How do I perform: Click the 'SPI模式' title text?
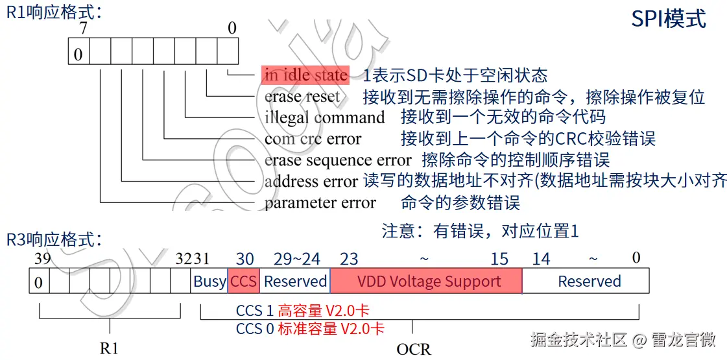click(x=669, y=19)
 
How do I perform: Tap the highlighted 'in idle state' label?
click(x=305, y=75)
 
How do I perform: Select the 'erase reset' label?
click(x=302, y=97)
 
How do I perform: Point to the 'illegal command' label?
click(x=324, y=118)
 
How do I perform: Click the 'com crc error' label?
click(x=313, y=139)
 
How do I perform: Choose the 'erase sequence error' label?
click(x=337, y=160)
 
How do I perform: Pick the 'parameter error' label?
click(x=320, y=203)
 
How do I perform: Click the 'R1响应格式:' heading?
click(x=54, y=12)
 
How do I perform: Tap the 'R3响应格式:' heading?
click(x=54, y=239)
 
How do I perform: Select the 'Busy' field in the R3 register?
click(x=209, y=282)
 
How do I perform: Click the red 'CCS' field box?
click(x=244, y=282)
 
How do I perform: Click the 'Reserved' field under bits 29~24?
click(x=295, y=282)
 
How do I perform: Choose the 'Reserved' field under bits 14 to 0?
click(x=589, y=282)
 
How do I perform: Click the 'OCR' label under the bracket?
click(x=413, y=349)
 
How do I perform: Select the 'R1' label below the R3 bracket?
click(x=109, y=348)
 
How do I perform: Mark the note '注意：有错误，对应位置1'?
click(x=479, y=231)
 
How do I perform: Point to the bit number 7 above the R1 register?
click(x=82, y=29)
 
